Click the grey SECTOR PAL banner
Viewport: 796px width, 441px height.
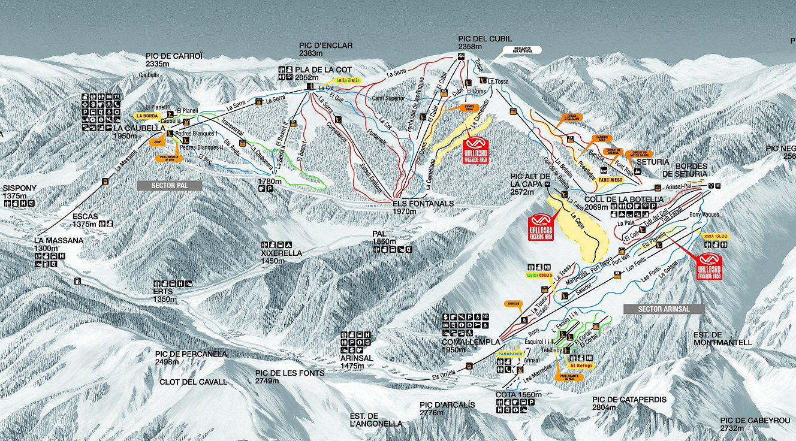click(170, 186)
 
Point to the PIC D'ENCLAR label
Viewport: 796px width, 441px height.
click(325, 46)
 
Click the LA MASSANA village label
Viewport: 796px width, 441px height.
click(59, 240)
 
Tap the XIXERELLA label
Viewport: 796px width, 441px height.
click(282, 253)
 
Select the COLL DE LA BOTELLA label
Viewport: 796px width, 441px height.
click(624, 200)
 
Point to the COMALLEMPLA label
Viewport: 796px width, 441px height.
click(470, 342)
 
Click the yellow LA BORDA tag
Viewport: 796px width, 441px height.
click(147, 116)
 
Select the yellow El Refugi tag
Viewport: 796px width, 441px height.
click(580, 365)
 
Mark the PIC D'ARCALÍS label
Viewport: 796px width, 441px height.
click(447, 405)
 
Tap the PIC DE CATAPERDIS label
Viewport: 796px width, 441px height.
click(629, 400)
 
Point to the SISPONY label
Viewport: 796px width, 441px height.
click(20, 188)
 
